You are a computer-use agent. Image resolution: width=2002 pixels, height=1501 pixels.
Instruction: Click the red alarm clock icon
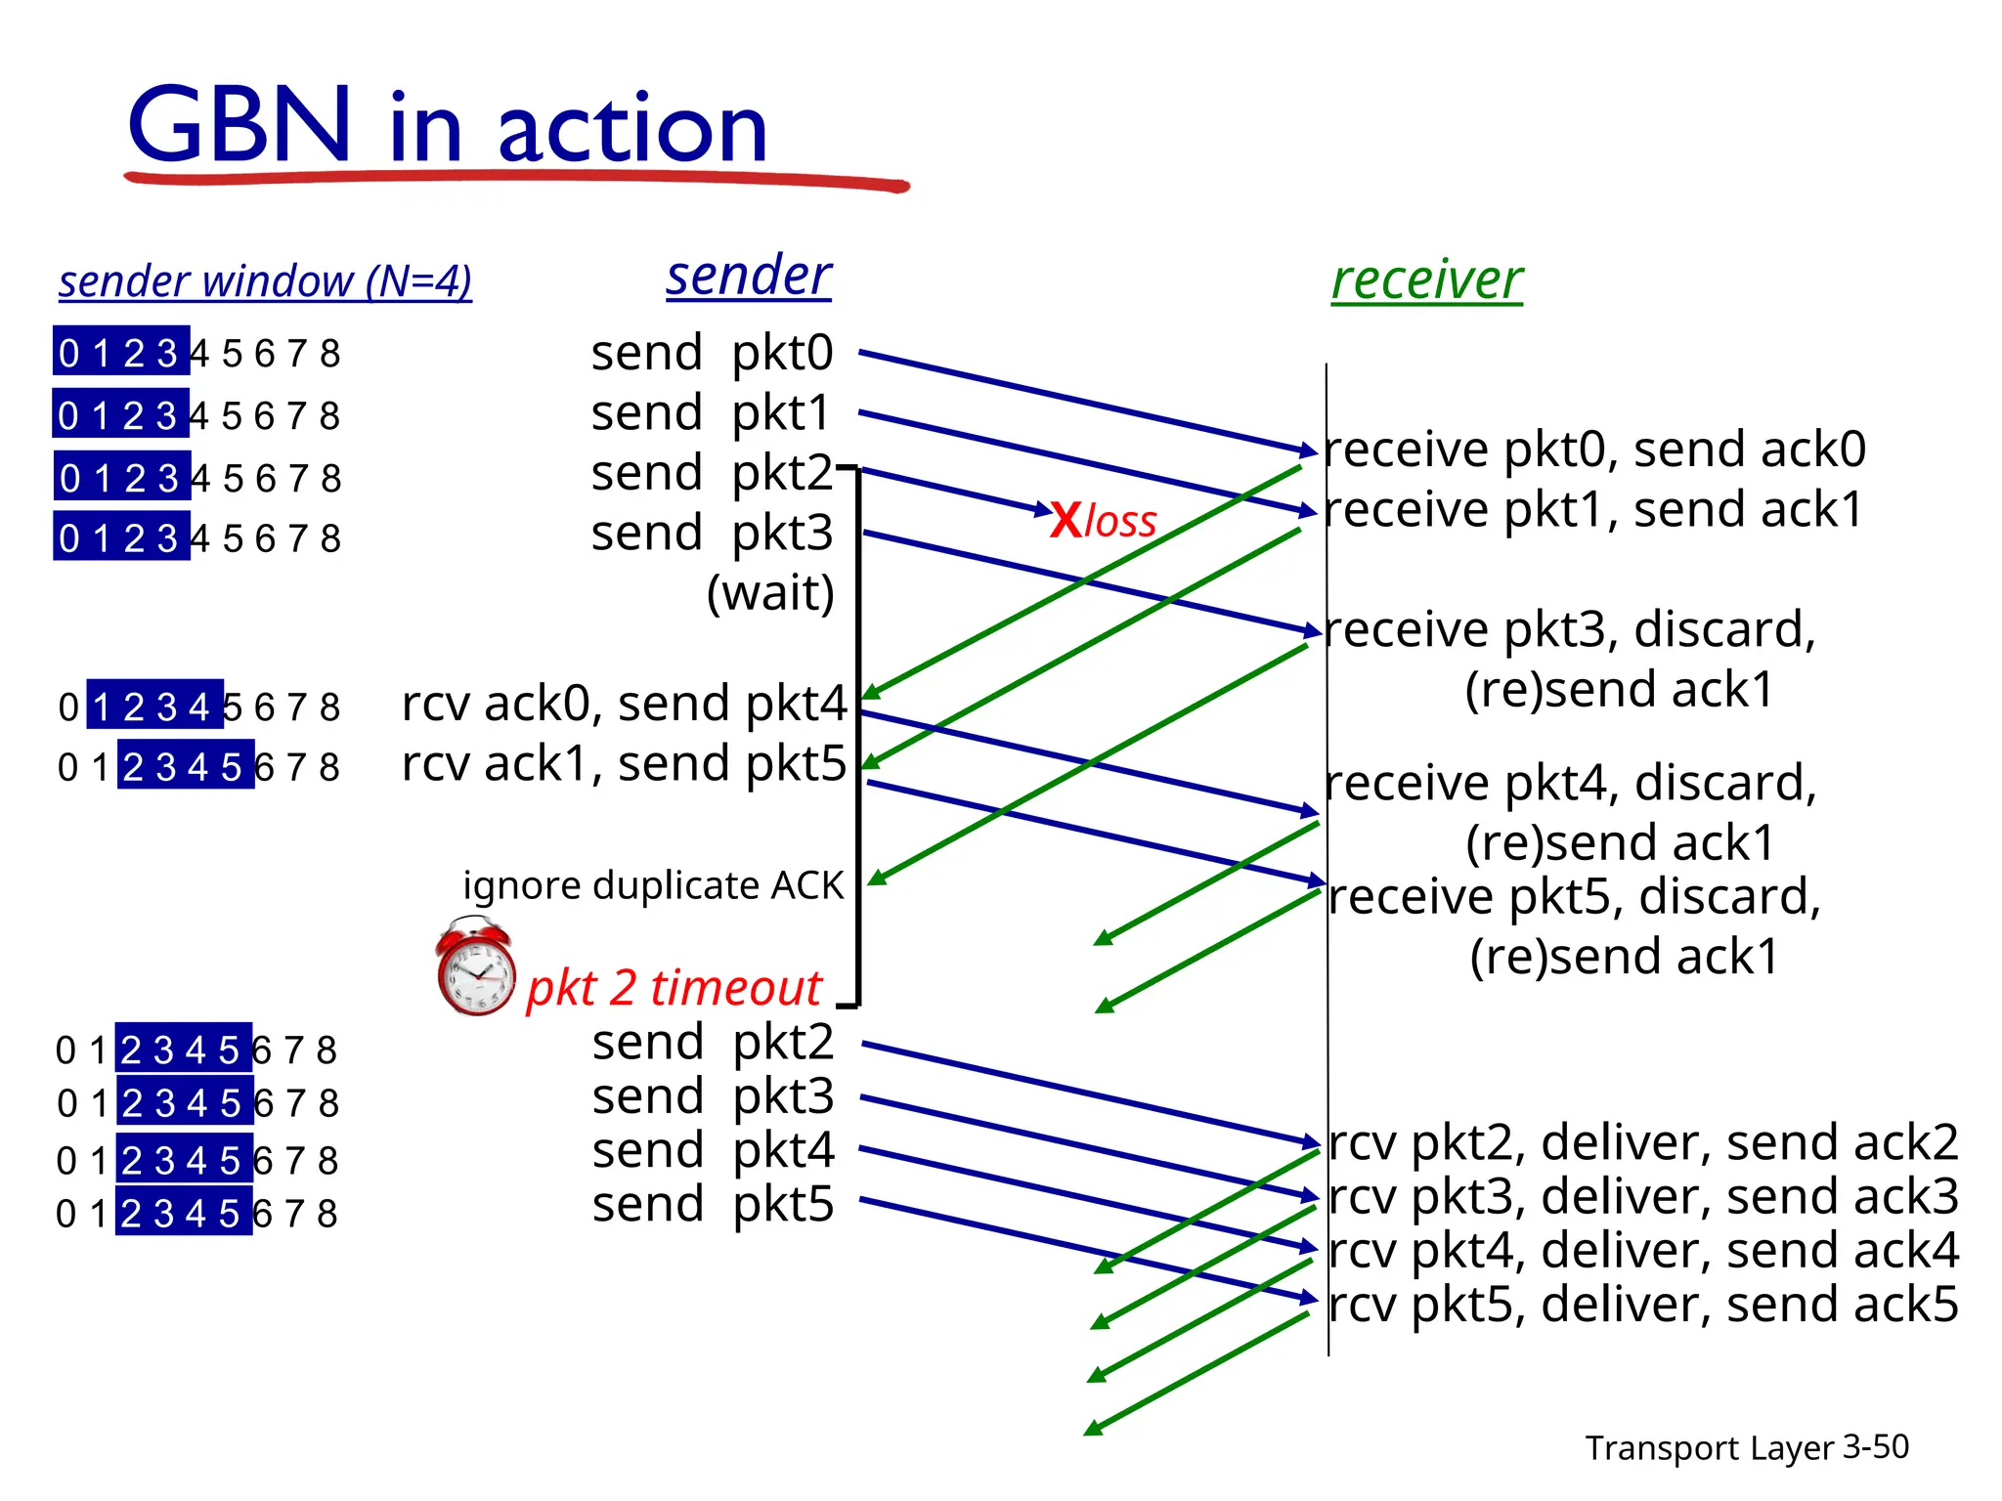point(476,966)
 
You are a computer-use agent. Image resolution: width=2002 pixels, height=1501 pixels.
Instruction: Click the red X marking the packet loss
point(1065,520)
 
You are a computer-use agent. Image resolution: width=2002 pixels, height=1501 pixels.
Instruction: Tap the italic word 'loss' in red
point(1120,521)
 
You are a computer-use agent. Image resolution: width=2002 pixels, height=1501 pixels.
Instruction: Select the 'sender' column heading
point(749,276)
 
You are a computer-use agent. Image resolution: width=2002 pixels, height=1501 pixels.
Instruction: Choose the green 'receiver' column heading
point(1426,279)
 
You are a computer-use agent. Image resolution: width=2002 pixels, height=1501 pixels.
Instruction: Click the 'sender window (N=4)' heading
point(265,281)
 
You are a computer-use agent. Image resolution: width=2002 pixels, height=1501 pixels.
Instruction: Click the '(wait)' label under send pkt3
point(770,592)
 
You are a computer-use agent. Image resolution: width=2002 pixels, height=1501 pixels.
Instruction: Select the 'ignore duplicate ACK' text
point(652,885)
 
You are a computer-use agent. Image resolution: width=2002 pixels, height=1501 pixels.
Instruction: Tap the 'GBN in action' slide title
point(447,126)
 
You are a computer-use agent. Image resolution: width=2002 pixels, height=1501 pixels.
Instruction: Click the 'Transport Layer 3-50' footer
point(1746,1447)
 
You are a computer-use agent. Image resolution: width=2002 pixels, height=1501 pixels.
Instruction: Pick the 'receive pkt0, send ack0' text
point(1594,450)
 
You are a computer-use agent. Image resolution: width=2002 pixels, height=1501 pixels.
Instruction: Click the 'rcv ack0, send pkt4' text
point(624,704)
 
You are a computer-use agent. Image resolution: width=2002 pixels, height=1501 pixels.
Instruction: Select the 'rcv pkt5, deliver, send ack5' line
point(1643,1305)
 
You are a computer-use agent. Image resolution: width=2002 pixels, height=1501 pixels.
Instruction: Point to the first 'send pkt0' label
point(712,353)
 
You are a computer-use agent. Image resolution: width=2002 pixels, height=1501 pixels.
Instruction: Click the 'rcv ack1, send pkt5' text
point(624,763)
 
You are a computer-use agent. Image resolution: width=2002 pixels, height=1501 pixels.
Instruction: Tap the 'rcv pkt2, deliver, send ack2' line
point(1643,1142)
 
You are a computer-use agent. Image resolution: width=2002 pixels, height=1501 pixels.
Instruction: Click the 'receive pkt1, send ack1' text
point(1594,510)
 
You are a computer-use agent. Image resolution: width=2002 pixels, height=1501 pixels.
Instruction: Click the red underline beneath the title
point(516,180)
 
